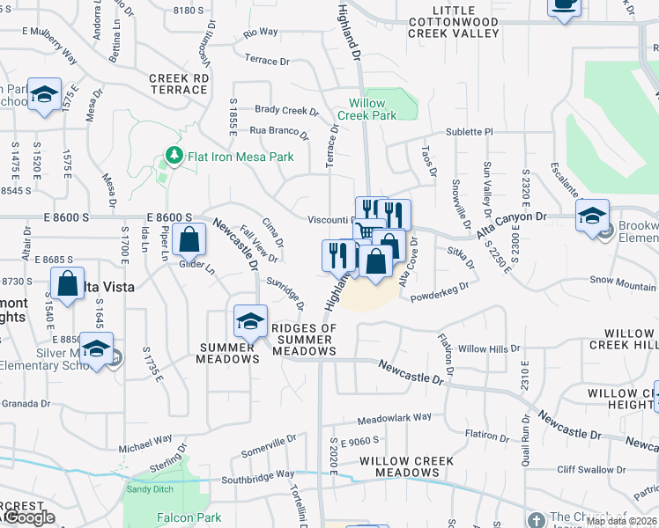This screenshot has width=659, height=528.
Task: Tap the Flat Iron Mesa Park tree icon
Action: click(174, 157)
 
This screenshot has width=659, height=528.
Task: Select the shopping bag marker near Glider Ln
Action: click(189, 238)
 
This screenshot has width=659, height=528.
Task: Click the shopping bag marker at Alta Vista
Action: click(67, 283)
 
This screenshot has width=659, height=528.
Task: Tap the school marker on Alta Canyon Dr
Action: click(592, 215)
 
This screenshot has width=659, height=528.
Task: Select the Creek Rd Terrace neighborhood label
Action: click(179, 84)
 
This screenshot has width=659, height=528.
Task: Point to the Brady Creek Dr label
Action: click(286, 111)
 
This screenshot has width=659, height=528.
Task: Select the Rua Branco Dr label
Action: click(278, 135)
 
